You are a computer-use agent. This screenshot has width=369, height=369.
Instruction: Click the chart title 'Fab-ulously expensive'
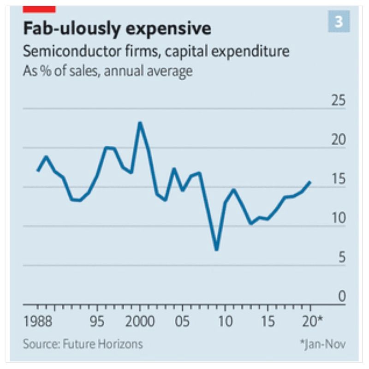[117, 29]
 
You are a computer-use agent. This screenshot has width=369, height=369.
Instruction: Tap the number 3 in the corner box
[339, 22]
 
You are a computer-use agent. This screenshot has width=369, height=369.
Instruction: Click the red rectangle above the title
[39, 9]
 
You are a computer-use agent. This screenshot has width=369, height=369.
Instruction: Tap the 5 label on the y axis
[341, 258]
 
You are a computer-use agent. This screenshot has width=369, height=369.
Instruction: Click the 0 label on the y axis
[341, 297]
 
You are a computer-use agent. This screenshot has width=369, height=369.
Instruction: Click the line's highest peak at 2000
[140, 123]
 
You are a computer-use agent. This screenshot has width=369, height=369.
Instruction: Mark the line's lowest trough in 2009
[216, 250]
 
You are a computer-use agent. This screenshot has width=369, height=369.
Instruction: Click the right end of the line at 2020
[310, 182]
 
